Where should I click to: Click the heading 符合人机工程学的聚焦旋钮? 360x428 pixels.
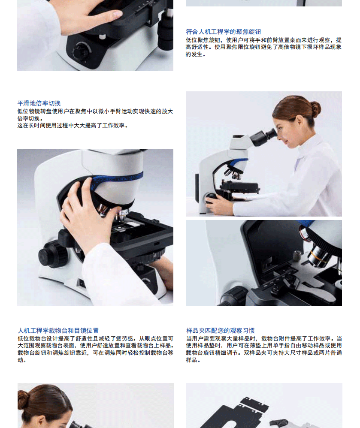[x=223, y=32]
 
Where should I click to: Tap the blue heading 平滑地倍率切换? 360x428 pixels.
[x=39, y=103]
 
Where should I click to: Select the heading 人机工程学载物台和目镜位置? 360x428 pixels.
[x=58, y=331]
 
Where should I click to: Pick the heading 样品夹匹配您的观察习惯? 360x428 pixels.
[x=221, y=331]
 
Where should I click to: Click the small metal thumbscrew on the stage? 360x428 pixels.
[x=296, y=256]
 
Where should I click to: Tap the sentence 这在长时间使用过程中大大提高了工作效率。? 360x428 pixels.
[x=73, y=126]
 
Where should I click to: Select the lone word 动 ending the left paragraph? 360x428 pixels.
[x=21, y=360]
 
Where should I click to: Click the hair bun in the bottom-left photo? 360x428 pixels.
[x=23, y=400]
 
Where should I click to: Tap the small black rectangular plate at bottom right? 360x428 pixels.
[x=254, y=404]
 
